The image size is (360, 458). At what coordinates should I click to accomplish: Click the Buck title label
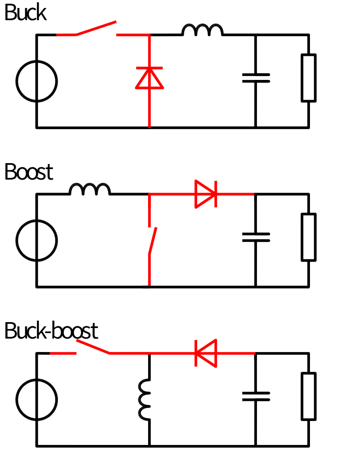[25, 12]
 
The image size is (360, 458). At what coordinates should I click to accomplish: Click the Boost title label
[29, 172]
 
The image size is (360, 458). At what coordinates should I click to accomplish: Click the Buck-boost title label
[51, 331]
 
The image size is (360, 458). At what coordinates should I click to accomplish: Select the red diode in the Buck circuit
[149, 78]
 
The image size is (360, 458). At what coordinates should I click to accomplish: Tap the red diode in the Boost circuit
[206, 194]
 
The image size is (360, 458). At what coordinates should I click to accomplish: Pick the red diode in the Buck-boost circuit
[206, 353]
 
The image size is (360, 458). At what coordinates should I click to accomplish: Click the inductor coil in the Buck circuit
[202, 30]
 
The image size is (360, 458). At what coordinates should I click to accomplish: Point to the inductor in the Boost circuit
[90, 189]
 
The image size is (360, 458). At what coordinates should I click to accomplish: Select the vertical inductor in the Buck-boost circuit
[145, 400]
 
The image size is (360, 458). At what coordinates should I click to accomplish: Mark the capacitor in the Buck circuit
[256, 78]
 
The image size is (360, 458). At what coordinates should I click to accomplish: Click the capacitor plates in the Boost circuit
[256, 237]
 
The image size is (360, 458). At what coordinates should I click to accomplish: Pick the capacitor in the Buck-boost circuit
[256, 396]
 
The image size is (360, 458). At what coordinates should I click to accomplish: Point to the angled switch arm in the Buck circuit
[96, 28]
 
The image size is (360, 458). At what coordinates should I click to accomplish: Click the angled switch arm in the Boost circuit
[153, 241]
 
